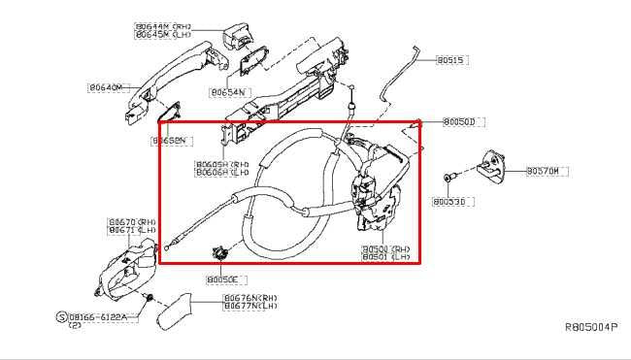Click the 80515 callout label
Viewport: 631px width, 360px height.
[451, 60]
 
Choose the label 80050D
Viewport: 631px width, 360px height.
[464, 121]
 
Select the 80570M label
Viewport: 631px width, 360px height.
[544, 171]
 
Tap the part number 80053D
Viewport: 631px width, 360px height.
[449, 202]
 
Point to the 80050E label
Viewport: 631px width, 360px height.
[222, 278]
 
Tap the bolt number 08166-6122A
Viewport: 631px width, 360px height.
[102, 316]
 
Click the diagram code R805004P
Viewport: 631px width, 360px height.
[590, 329]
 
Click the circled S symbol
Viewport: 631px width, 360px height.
[60, 316]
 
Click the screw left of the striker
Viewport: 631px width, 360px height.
[447, 178]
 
